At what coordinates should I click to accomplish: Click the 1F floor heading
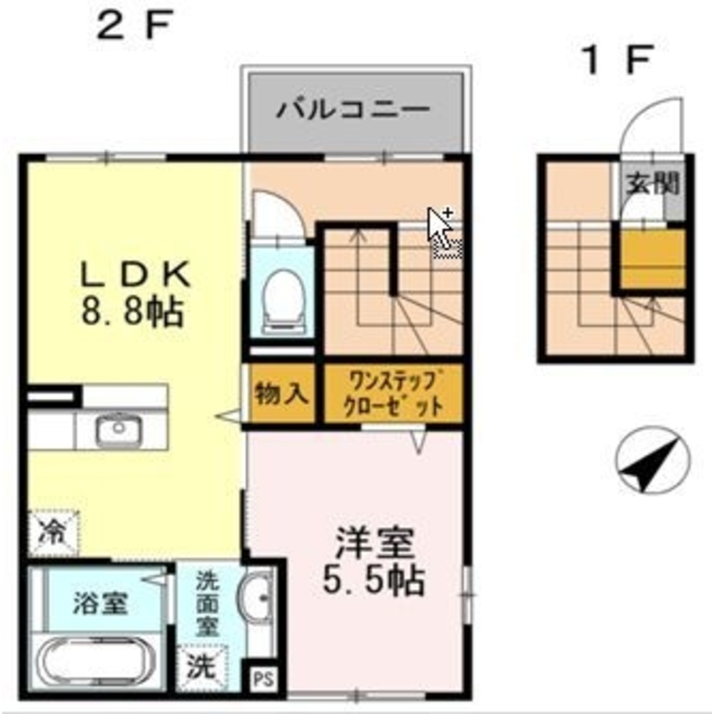(618, 61)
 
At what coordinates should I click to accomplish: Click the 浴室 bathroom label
(100, 604)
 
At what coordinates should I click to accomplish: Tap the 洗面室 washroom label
(208, 603)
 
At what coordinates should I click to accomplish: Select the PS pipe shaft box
(261, 677)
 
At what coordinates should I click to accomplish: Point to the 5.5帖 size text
(374, 582)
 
